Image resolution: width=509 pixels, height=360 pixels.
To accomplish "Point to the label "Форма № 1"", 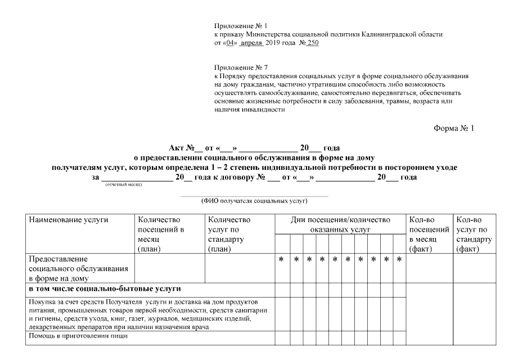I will [x=454, y=128].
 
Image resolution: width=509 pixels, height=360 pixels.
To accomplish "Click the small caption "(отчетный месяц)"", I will [x=124, y=184].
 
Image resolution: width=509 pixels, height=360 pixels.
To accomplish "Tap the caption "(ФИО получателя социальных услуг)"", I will [x=254, y=200].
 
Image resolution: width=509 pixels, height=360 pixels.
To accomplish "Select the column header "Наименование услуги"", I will [x=68, y=220].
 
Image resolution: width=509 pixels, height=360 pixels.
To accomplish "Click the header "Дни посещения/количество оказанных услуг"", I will [x=340, y=224].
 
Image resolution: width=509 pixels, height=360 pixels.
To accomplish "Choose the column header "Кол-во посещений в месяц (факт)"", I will [x=429, y=233].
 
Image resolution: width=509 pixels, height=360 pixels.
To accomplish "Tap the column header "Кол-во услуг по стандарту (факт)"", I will [x=475, y=233].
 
